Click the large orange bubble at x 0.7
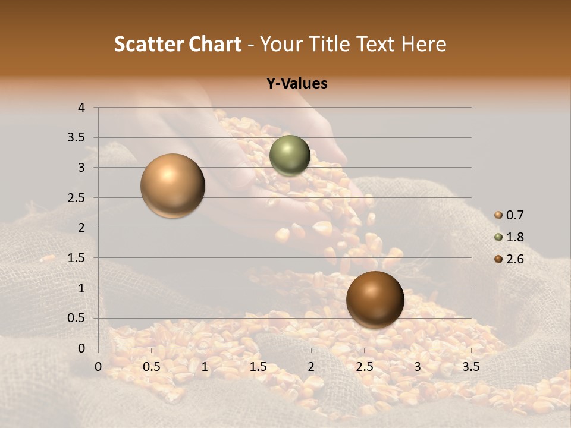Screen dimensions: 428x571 (x=172, y=185)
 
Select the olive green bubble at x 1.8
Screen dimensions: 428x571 (x=290, y=155)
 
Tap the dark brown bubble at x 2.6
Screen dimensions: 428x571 (x=375, y=299)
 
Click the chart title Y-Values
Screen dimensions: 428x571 (x=296, y=84)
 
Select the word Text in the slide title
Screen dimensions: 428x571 (x=375, y=44)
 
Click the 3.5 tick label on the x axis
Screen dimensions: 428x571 (x=470, y=367)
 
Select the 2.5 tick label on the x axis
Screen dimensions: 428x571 (x=364, y=367)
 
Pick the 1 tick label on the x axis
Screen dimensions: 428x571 (x=205, y=367)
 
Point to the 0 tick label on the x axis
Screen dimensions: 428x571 (x=99, y=367)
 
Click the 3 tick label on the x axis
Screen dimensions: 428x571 (x=418, y=367)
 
